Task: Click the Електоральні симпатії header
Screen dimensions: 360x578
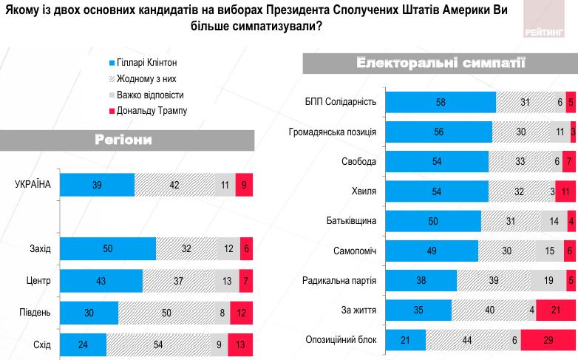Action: pyautogui.click(x=441, y=63)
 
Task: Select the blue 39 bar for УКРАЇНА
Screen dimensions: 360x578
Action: pyautogui.click(x=97, y=185)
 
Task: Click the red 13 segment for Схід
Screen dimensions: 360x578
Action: pyautogui.click(x=240, y=344)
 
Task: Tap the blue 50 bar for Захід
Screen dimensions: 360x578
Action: pyautogui.click(x=107, y=249)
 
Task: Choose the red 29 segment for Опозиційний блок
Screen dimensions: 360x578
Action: pyautogui.click(x=548, y=340)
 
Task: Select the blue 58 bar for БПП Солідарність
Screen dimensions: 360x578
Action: pyautogui.click(x=442, y=102)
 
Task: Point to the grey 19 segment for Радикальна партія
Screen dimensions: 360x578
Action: pyautogui.click(x=548, y=280)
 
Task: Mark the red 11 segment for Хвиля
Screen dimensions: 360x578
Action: pyautogui.click(x=565, y=191)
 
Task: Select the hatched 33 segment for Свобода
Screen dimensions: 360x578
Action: pyautogui.click(x=521, y=161)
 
